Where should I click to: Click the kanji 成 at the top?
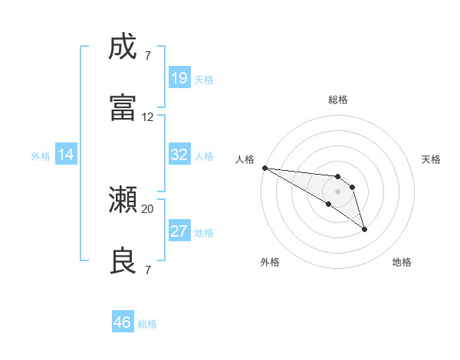[x=123, y=47]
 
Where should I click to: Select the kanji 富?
[x=123, y=106]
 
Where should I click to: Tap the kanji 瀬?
[x=123, y=200]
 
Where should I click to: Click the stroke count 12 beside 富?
[x=148, y=117]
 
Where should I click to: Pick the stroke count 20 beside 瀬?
[x=148, y=208]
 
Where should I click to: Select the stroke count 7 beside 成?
[x=148, y=56]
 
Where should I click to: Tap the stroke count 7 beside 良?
[x=148, y=270]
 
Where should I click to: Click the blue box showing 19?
[x=179, y=77]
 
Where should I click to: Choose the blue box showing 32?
[x=179, y=155]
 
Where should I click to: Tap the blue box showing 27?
[x=179, y=231]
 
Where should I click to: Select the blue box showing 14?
[x=66, y=155]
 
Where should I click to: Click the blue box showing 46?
[x=123, y=322]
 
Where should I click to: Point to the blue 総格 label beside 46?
[x=147, y=324]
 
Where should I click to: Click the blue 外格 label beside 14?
[x=41, y=155]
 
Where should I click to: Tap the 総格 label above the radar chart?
[x=338, y=100]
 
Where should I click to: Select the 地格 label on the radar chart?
[x=402, y=262]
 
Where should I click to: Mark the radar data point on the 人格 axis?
[x=264, y=168]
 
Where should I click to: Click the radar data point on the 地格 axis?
[x=364, y=229]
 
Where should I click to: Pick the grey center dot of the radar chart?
[x=337, y=191]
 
